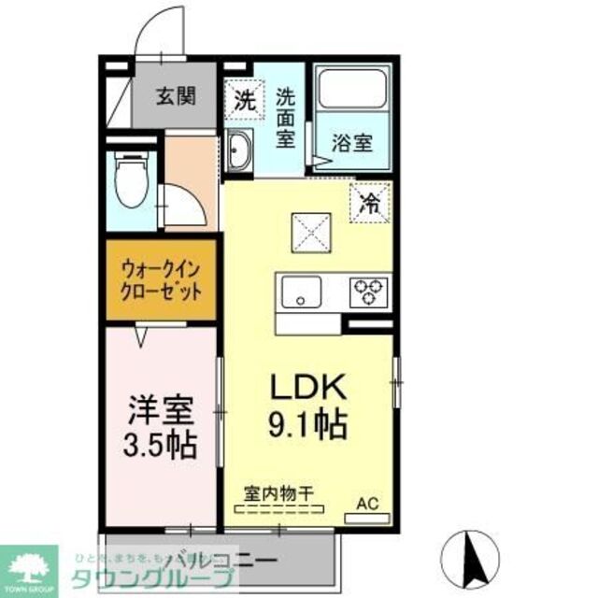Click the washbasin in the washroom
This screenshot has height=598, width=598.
pos(237,151)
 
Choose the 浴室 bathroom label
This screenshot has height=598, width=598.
pos(351,143)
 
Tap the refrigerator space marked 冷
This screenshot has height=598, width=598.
pos(370,203)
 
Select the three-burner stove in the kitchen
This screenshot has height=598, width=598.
pos(370,292)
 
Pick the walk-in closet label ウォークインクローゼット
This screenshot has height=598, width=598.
pos(161,278)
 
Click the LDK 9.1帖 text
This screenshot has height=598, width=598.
pos(309,406)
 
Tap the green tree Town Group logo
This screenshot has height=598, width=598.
pos(29,563)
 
